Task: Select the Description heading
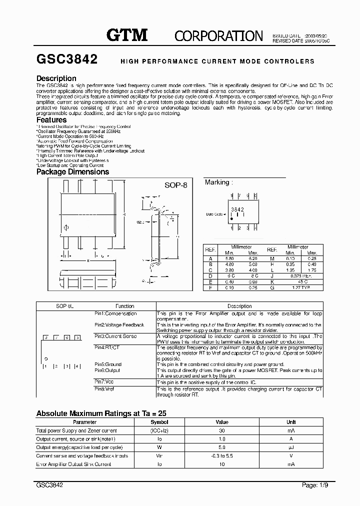[56, 78]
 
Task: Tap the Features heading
[51, 120]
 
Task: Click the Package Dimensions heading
[72, 171]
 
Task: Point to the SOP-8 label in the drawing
[175, 184]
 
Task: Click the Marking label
[217, 182]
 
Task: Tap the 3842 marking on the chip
[237, 209]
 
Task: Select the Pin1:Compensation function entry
[115, 313]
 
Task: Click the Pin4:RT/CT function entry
[107, 347]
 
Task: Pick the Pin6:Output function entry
[108, 370]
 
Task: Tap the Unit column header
[291, 422]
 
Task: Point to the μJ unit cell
[291, 447]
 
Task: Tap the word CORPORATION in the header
[218, 36]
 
